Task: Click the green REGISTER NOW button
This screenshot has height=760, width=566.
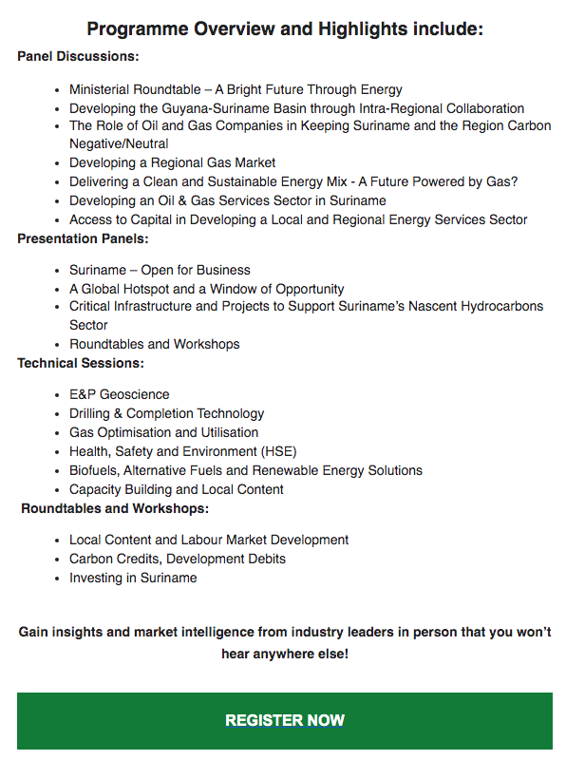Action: [x=284, y=720]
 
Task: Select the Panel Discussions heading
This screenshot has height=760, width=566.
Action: [x=78, y=57]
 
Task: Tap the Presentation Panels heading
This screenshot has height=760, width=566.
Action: [x=83, y=238]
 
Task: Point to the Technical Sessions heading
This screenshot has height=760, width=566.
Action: [x=80, y=363]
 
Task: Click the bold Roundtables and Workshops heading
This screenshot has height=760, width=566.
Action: [x=115, y=508]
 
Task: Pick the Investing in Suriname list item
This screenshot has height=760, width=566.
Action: [x=133, y=578]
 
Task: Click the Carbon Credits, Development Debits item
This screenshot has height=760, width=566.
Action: [x=177, y=559]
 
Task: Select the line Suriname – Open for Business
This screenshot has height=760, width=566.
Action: [x=160, y=270]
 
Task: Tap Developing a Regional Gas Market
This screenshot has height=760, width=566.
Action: [x=172, y=162]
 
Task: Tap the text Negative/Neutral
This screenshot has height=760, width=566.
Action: [x=119, y=143]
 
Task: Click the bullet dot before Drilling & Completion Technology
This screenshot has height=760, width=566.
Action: [x=59, y=414]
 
